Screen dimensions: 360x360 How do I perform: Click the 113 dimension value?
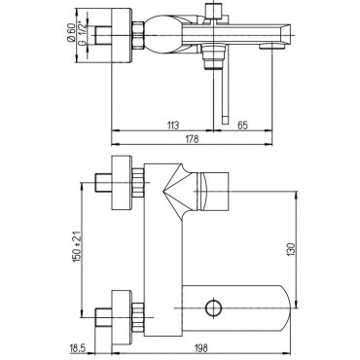[x=173, y=125]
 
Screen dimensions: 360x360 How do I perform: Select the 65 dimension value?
[x=242, y=125]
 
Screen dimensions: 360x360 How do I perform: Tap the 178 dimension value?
[x=192, y=139]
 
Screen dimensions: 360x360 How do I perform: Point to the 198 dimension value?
[x=201, y=348]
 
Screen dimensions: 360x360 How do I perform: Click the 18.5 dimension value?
[x=77, y=348]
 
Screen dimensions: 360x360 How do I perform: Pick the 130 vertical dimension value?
[x=291, y=249]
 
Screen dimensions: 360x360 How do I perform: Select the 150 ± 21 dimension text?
[x=78, y=247]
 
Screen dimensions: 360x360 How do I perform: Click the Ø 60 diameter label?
[x=71, y=32]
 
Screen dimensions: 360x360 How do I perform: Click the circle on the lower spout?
[x=214, y=306]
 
